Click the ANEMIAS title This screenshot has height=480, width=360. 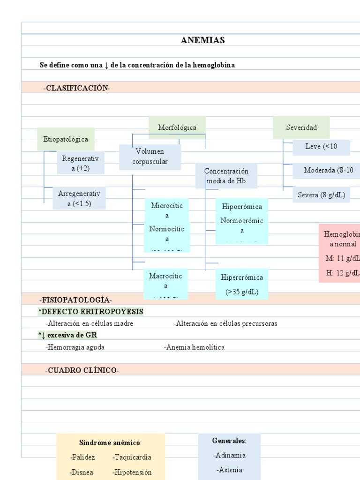pyautogui.click(x=202, y=40)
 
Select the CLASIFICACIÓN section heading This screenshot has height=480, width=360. pyautogui.click(x=77, y=88)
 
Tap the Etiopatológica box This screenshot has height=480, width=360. pyautogui.click(x=66, y=139)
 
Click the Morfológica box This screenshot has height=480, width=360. pyautogui.click(x=177, y=127)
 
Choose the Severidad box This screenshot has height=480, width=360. pyautogui.click(x=301, y=127)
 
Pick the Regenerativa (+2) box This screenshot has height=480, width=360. pyautogui.click(x=80, y=163)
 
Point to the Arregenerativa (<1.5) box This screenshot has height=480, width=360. pyautogui.click(x=79, y=198)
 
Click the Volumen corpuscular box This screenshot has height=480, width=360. pyautogui.click(x=150, y=157)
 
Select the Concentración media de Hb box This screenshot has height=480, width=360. pyautogui.click(x=226, y=176)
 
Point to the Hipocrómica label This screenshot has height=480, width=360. pyautogui.click(x=242, y=207)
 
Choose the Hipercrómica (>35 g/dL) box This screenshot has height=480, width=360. pyautogui.click(x=242, y=284)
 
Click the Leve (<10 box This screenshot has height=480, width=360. pyautogui.click(x=321, y=147)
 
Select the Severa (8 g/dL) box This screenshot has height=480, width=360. pyautogui.click(x=321, y=195)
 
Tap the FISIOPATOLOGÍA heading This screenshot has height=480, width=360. pyautogui.click(x=76, y=300)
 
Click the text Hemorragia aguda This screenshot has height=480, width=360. pyautogui.click(x=75, y=347)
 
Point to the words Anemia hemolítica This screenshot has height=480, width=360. pyautogui.click(x=195, y=347)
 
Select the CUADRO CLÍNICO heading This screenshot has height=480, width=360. pyautogui.click(x=82, y=370)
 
